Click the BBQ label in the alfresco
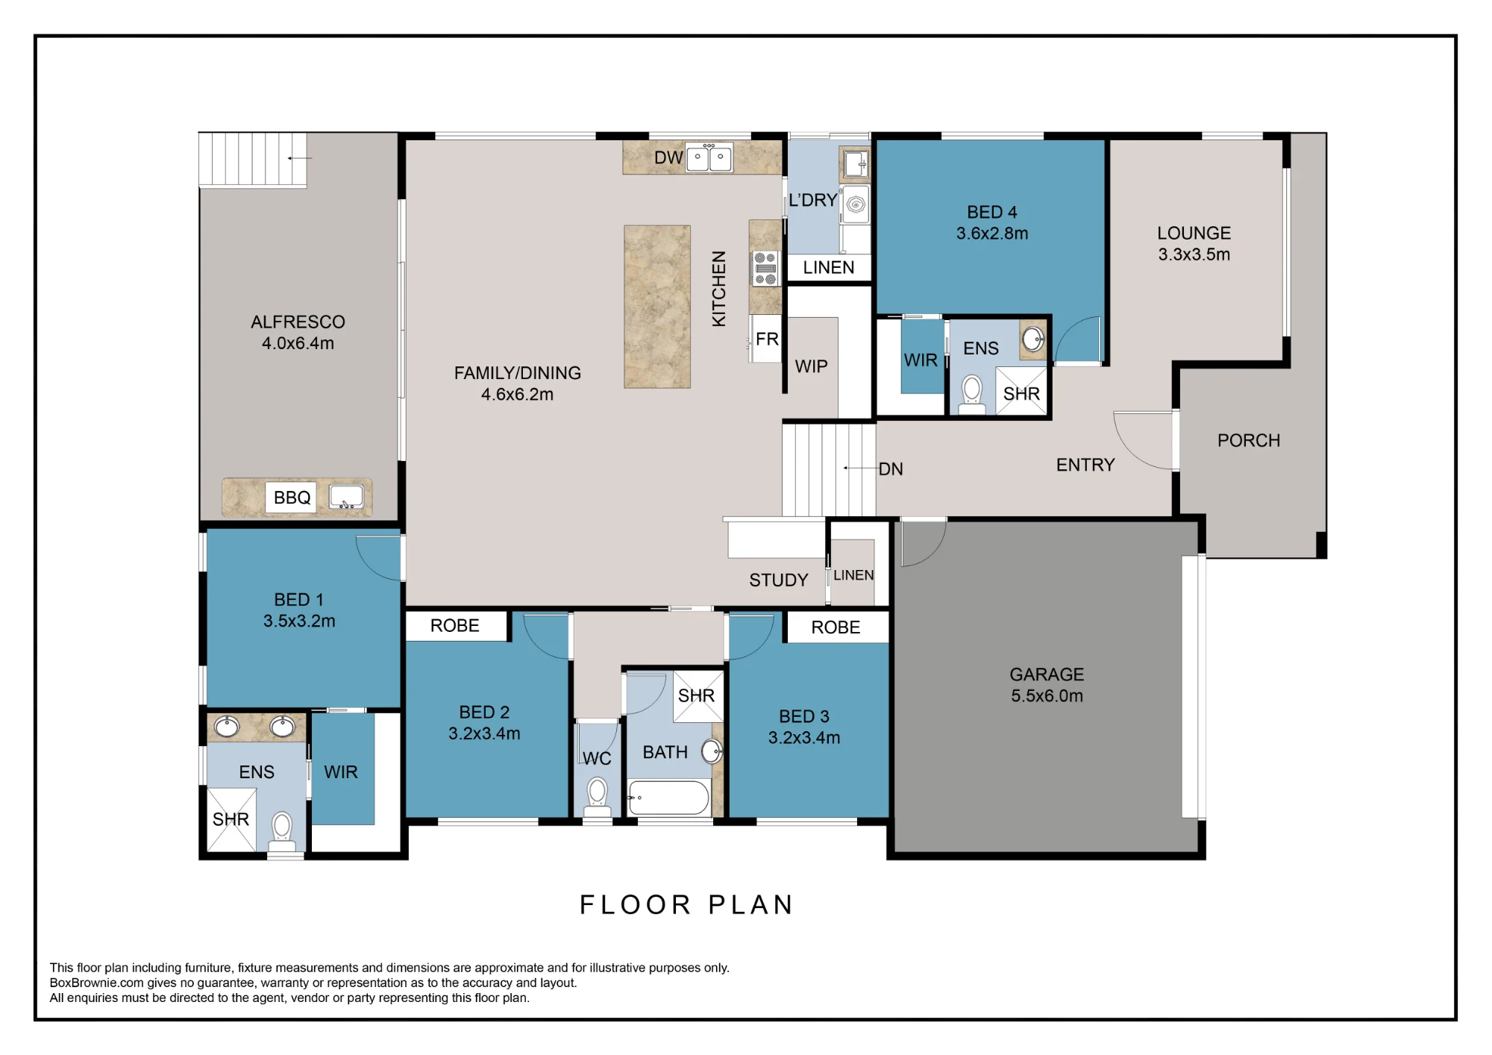coord(292,498)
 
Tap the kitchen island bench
coord(657,307)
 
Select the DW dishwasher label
coord(668,157)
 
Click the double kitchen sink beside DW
coord(709,157)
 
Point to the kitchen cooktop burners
coord(765,269)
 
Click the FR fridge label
coord(767,339)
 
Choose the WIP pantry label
coord(811,366)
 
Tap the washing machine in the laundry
coord(856,204)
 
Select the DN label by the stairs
coord(891,469)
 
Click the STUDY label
coord(779,580)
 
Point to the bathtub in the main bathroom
coord(668,798)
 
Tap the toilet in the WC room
coord(597,797)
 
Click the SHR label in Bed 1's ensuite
coord(231,819)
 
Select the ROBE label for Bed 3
coord(836,627)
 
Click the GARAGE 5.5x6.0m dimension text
coord(1047,696)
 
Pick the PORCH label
coord(1249,441)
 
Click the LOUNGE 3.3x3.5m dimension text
coord(1194,254)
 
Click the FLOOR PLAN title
coord(687,905)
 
